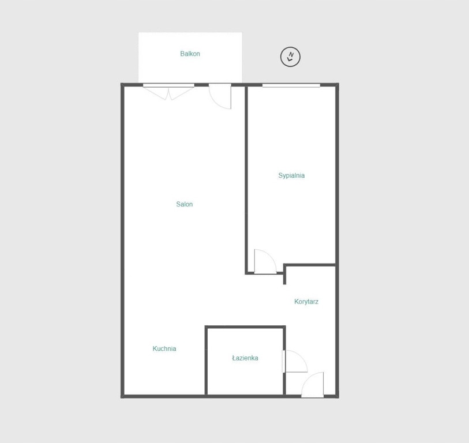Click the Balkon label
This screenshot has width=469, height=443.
pyautogui.click(x=190, y=54)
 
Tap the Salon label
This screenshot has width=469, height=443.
pyautogui.click(x=184, y=204)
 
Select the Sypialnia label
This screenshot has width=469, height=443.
pyautogui.click(x=291, y=175)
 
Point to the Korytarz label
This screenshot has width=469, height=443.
pyautogui.click(x=306, y=302)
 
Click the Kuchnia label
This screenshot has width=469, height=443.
pyautogui.click(x=164, y=348)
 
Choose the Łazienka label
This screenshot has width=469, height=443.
pyautogui.click(x=245, y=358)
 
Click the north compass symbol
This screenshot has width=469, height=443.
pyautogui.click(x=290, y=57)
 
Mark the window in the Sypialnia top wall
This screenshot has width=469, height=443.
pyautogui.click(x=291, y=85)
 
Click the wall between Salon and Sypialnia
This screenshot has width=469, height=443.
pyautogui.click(x=246, y=179)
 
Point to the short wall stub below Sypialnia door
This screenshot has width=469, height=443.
pyautogui.click(x=284, y=275)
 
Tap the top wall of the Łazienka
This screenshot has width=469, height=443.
pyautogui.click(x=245, y=327)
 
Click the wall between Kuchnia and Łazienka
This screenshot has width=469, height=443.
pyautogui.click(x=206, y=361)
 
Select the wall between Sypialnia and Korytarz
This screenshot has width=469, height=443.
pyautogui.click(x=310, y=265)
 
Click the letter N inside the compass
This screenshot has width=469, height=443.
pyautogui.click(x=291, y=54)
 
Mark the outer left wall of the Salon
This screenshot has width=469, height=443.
pyautogui.click(x=122, y=241)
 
